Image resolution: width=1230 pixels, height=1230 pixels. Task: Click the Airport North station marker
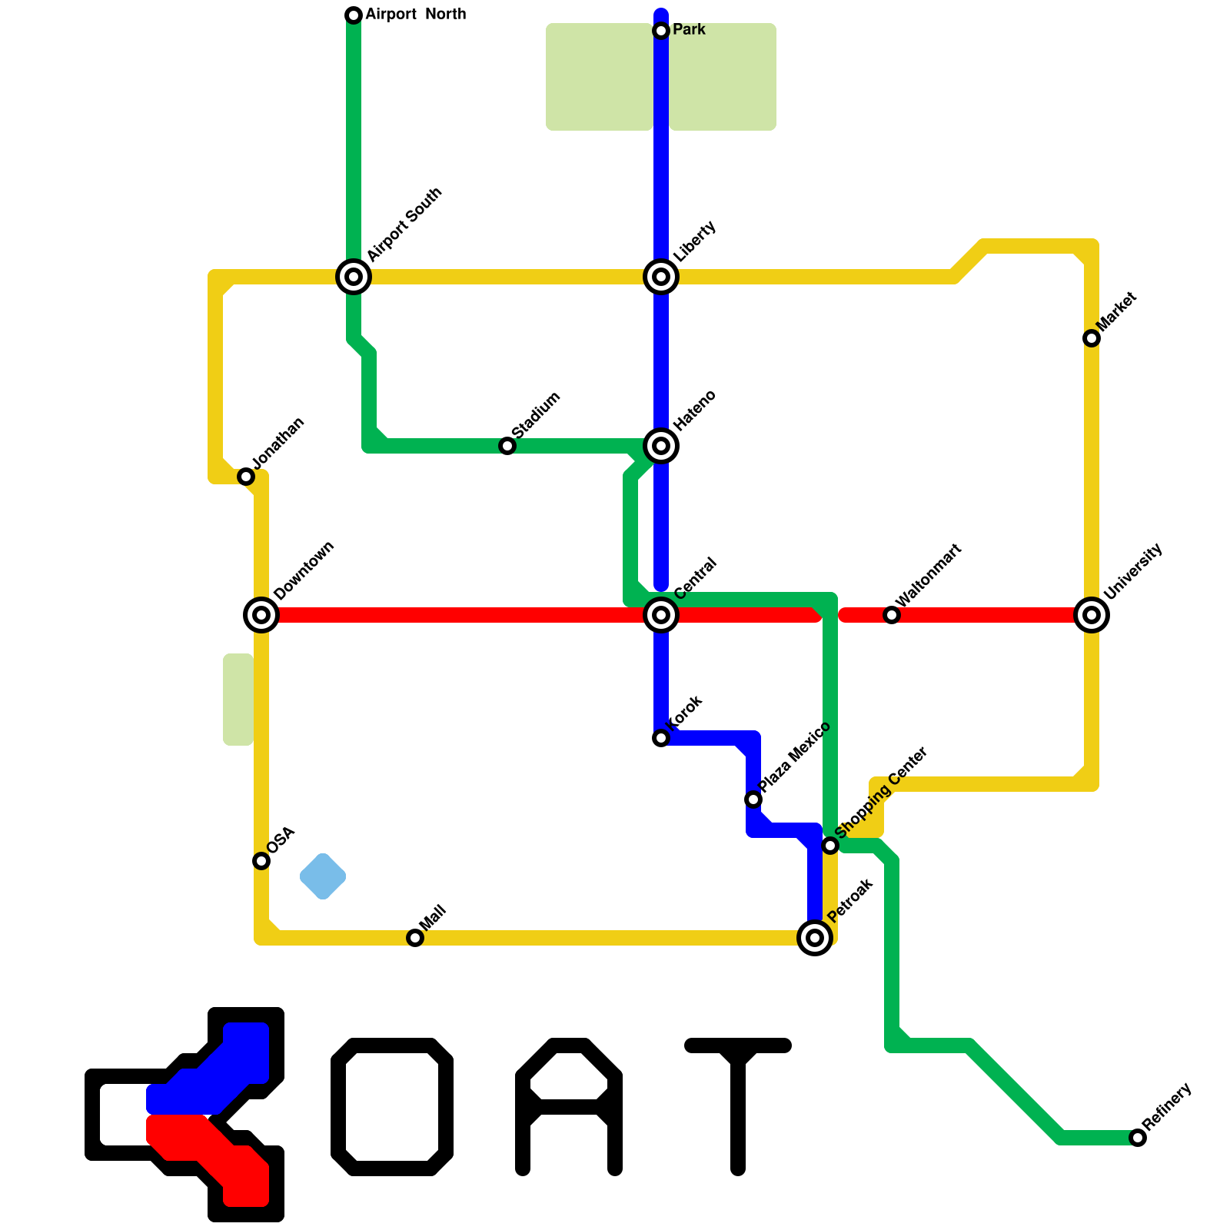point(354,15)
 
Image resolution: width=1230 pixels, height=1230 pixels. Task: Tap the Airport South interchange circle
point(354,277)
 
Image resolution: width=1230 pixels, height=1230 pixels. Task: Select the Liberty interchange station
point(661,277)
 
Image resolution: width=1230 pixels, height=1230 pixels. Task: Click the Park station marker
point(661,31)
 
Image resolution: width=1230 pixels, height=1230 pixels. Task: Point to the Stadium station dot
point(507,446)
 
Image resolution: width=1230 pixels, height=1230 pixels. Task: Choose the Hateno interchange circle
point(661,446)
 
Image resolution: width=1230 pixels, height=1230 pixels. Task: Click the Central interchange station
point(661,615)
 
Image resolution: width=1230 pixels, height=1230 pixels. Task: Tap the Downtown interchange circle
point(261,615)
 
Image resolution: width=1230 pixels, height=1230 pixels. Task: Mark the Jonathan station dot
point(246,477)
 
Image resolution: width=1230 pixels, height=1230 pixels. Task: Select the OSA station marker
point(261,861)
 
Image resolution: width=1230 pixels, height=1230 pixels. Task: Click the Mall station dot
point(415,938)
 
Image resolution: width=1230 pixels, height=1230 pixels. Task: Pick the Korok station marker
point(661,738)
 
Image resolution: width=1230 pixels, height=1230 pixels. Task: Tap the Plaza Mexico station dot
point(753,799)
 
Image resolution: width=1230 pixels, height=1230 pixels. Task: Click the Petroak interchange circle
point(815,938)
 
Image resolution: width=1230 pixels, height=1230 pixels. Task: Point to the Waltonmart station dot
point(892,615)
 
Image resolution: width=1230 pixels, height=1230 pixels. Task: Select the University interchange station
point(1092,615)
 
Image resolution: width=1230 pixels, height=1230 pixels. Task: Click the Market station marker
point(1092,338)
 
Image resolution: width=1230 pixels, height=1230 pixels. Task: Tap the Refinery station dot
point(1138,1138)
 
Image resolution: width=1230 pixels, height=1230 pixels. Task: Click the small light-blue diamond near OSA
point(323,876)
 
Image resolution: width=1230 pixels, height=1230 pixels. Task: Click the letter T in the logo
point(738,1099)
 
